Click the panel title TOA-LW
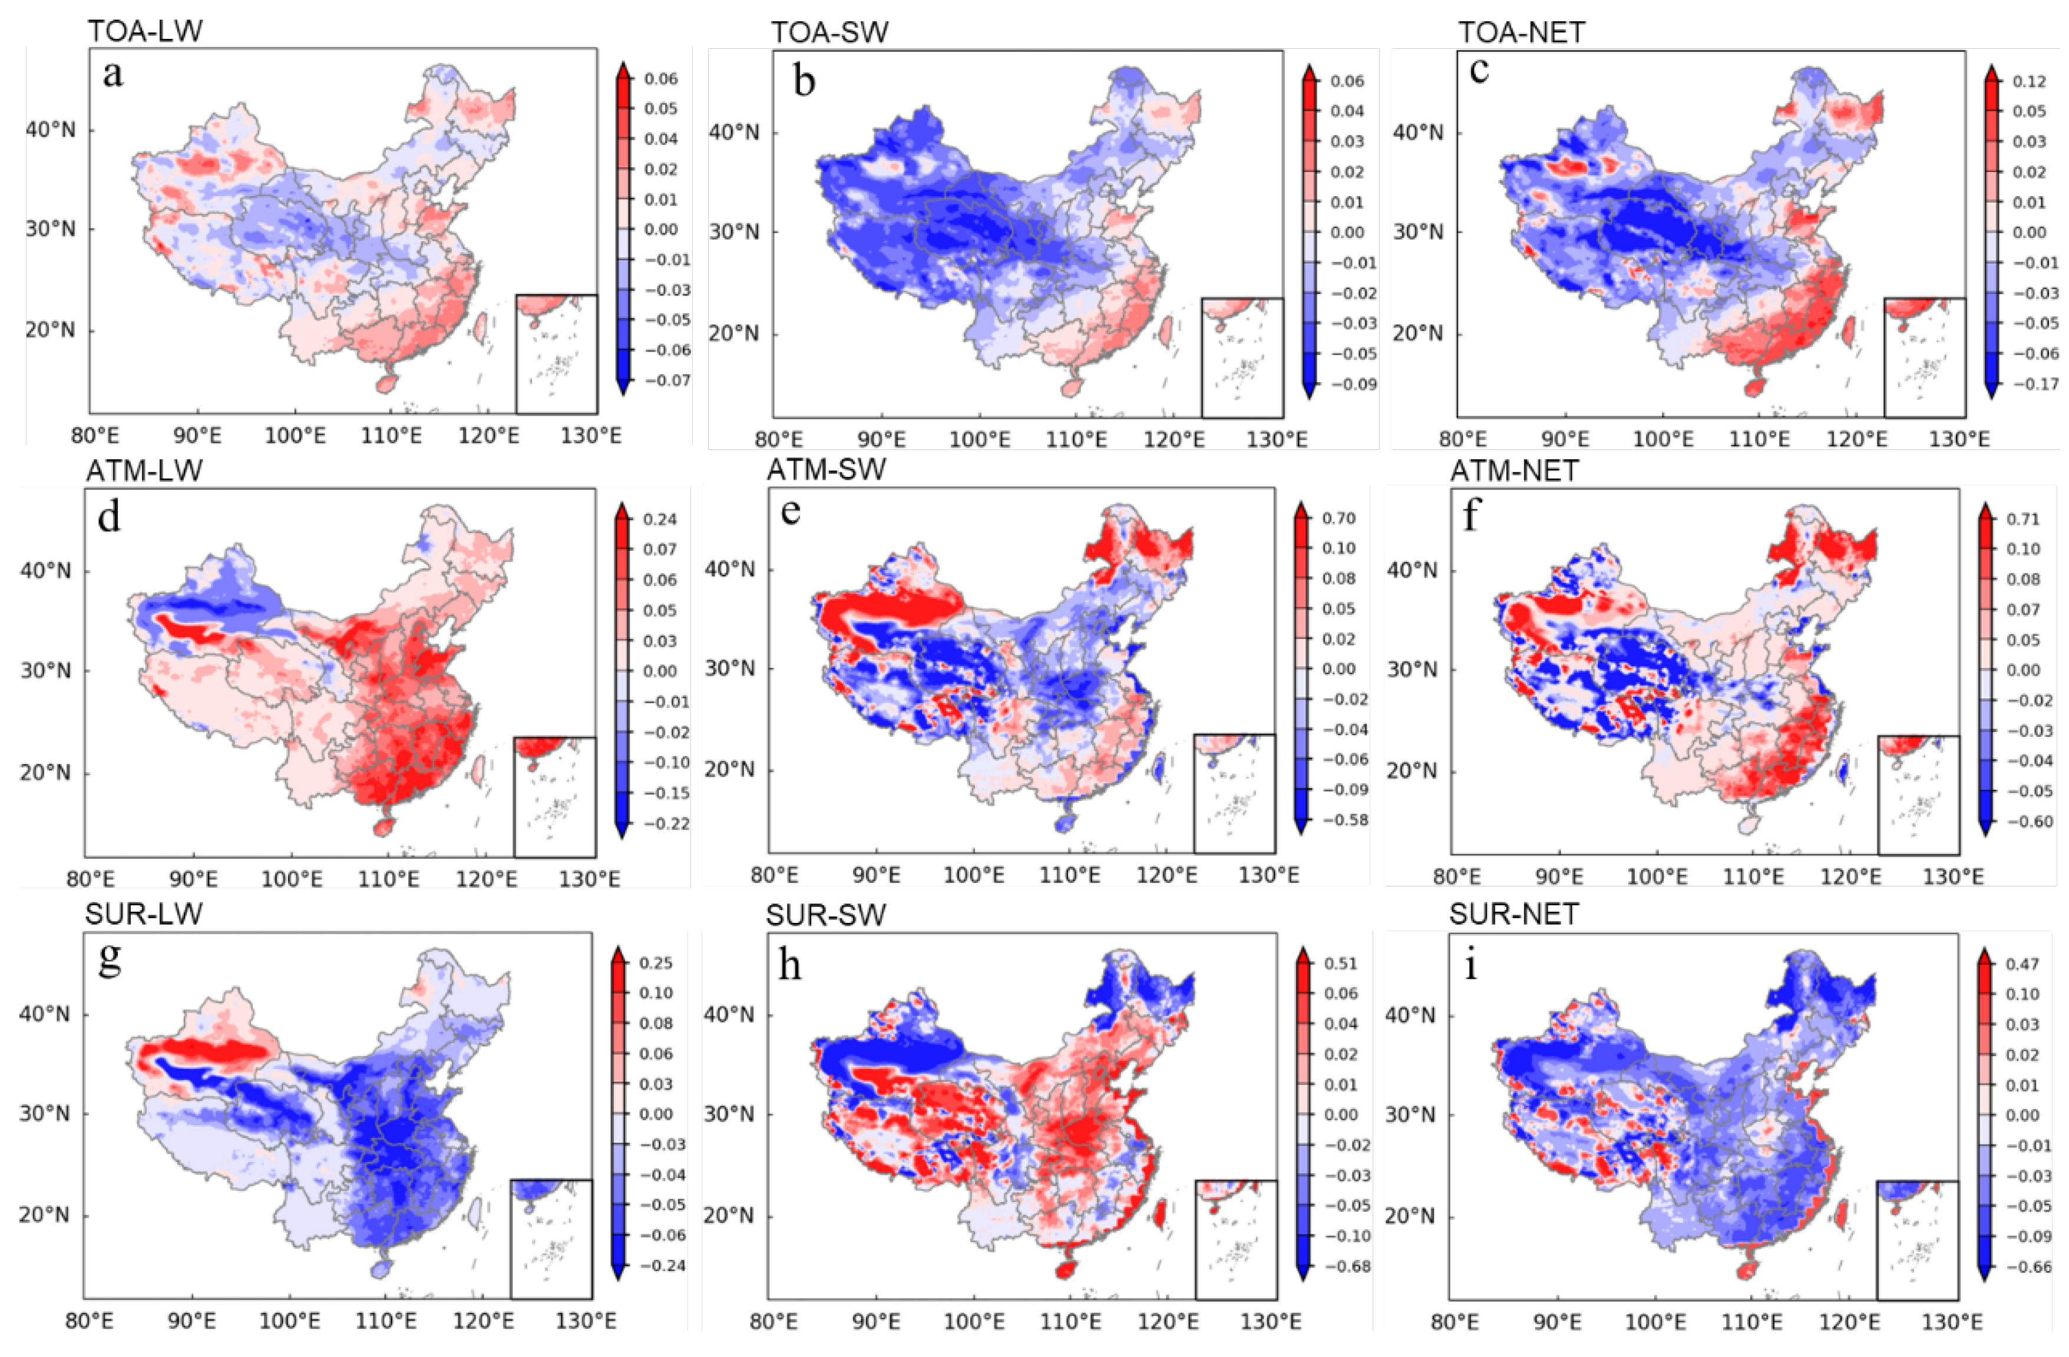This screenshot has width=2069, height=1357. point(145,31)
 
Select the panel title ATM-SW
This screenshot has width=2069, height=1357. point(826,471)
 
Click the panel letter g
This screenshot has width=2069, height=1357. point(110,961)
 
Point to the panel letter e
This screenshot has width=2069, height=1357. point(790,511)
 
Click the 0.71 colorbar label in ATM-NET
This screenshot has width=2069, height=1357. point(2024,519)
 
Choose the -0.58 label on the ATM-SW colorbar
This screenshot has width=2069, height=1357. point(1343,820)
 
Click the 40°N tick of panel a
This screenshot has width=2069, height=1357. point(49,130)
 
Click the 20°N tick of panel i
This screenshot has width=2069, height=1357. point(1409,1215)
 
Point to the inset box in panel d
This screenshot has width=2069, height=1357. point(554,796)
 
